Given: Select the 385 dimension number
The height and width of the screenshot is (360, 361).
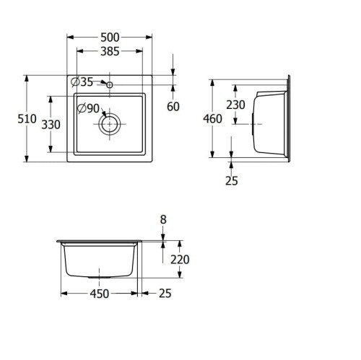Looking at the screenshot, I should [x=109, y=51].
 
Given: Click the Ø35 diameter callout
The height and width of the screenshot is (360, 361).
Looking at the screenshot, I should [x=82, y=82].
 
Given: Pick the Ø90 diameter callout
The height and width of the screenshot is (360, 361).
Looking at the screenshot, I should [x=88, y=109].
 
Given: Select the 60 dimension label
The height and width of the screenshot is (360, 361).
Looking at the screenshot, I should [x=173, y=107].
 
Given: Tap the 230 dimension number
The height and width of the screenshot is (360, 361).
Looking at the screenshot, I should [x=235, y=105].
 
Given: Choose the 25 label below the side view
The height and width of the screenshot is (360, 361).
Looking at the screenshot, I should [x=230, y=181].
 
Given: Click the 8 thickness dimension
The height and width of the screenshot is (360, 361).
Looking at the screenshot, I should [x=163, y=219].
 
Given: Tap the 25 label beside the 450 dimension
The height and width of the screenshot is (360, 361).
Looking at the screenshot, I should [x=165, y=294].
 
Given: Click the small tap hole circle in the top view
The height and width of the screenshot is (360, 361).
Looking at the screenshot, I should [x=110, y=86].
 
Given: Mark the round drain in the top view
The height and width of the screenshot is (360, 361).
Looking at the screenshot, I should [x=110, y=123].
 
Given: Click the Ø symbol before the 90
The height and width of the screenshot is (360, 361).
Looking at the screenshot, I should [x=82, y=109].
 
